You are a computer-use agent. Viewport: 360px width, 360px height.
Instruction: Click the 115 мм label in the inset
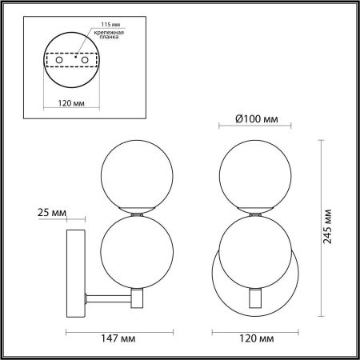[110, 24]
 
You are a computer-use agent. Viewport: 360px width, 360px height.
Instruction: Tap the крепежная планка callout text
[109, 34]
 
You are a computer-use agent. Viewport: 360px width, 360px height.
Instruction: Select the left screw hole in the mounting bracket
[59, 60]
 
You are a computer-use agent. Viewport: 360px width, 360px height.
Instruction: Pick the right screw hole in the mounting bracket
[85, 60]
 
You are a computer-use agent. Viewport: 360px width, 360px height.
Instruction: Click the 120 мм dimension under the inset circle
[71, 103]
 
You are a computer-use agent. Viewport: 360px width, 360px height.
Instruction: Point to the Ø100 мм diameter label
[257, 119]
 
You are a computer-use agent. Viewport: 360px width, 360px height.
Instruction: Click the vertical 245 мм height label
[327, 226]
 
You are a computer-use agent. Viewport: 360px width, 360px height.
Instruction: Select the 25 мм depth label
[52, 213]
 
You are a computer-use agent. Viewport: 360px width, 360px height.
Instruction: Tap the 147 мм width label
[118, 338]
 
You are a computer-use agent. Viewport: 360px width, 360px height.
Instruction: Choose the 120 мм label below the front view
[256, 338]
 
